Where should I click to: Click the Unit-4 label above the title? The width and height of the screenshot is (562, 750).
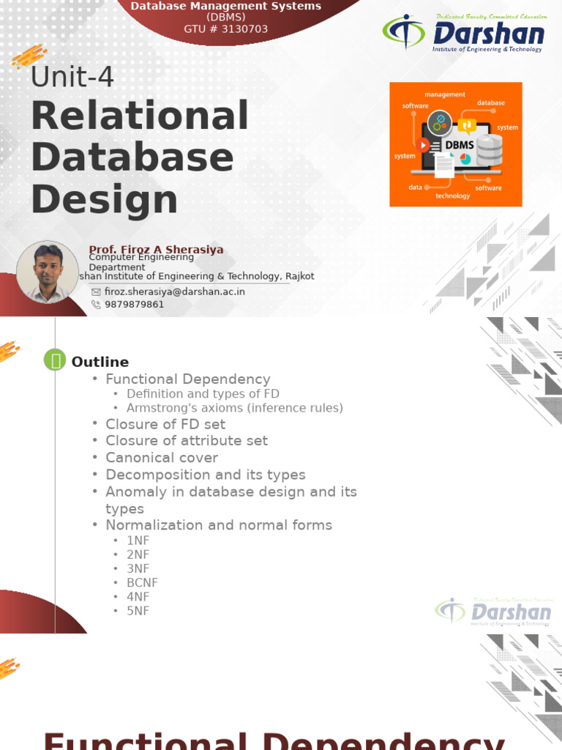click(72, 77)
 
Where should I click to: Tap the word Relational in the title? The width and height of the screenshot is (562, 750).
click(140, 116)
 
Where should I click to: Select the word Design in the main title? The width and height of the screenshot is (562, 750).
click(104, 199)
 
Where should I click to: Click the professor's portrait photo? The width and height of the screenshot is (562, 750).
click(48, 272)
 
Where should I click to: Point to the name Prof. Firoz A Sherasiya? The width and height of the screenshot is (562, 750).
click(156, 250)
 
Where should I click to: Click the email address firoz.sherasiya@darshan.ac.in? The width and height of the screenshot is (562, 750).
click(174, 292)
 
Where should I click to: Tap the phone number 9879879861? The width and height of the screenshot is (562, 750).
click(134, 305)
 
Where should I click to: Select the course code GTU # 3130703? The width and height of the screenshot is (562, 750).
click(225, 29)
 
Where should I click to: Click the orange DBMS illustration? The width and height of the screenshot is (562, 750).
click(455, 144)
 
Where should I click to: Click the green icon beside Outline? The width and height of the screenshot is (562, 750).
click(55, 360)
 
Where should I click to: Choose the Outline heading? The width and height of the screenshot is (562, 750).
click(100, 362)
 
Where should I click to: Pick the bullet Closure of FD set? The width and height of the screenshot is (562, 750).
click(165, 424)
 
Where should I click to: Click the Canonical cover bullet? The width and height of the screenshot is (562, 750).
click(162, 458)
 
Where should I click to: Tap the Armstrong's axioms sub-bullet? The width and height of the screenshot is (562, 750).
click(234, 408)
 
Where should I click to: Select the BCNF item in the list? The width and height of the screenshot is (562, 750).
click(142, 583)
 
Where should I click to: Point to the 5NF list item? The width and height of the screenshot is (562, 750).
click(138, 611)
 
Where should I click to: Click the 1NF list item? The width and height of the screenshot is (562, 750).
click(138, 541)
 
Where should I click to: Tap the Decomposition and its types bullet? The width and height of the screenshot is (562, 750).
click(205, 475)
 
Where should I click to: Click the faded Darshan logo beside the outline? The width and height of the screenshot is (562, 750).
click(493, 612)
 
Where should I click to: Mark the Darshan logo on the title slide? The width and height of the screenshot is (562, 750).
click(464, 33)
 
